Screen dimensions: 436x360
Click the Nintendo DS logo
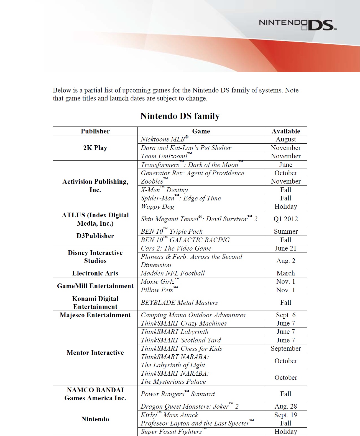(297, 24)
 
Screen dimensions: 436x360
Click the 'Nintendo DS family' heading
(180, 116)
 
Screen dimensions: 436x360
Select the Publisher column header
(95, 131)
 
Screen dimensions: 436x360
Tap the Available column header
(286, 131)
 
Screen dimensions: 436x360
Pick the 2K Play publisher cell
(95, 148)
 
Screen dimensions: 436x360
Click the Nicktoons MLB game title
(164, 139)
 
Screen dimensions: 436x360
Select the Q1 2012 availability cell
(286, 219)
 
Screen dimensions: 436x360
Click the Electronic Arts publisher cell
(95, 273)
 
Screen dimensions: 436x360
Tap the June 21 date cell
(286, 248)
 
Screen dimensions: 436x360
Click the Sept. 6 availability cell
(286, 315)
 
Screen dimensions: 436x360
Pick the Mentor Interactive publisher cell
(95, 353)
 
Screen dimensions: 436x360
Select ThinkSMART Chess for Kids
(181, 349)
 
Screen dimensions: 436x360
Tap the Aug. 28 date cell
(286, 406)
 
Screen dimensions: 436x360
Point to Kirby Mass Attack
(169, 415)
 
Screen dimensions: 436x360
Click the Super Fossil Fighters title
(171, 432)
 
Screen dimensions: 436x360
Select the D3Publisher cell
(95, 236)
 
